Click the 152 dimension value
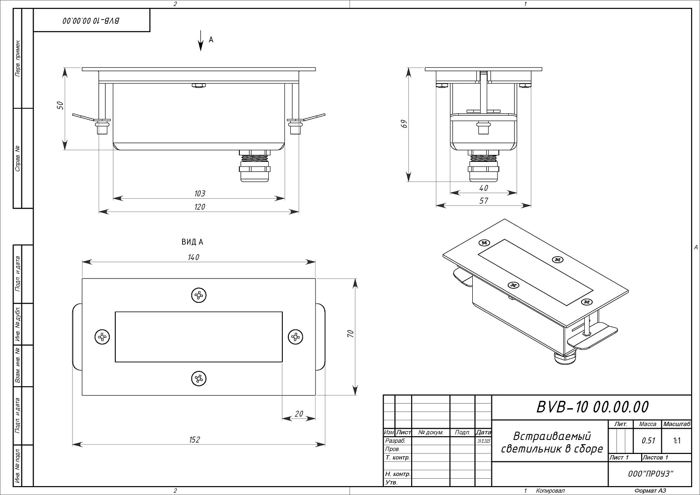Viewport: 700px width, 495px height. [195, 439]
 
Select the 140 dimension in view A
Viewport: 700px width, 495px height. [194, 257]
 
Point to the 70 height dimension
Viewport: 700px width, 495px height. [351, 334]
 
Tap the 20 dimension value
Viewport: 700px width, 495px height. [299, 414]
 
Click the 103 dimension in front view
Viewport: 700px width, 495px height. [199, 193]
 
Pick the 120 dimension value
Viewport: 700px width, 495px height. [199, 207]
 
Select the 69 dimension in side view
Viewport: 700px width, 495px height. [405, 124]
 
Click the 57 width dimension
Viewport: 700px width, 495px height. [483, 201]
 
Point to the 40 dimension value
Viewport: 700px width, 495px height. [483, 188]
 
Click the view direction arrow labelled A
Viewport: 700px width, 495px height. [201, 41]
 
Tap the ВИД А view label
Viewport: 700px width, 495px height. [192, 242]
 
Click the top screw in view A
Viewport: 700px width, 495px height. [199, 295]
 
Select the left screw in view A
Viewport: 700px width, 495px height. [102, 336]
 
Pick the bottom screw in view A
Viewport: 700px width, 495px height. [199, 378]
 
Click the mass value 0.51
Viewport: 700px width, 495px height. [648, 440]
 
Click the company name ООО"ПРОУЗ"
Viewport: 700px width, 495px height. [650, 474]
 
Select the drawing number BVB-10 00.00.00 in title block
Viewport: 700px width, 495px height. [592, 407]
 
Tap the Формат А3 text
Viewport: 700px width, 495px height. [650, 490]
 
